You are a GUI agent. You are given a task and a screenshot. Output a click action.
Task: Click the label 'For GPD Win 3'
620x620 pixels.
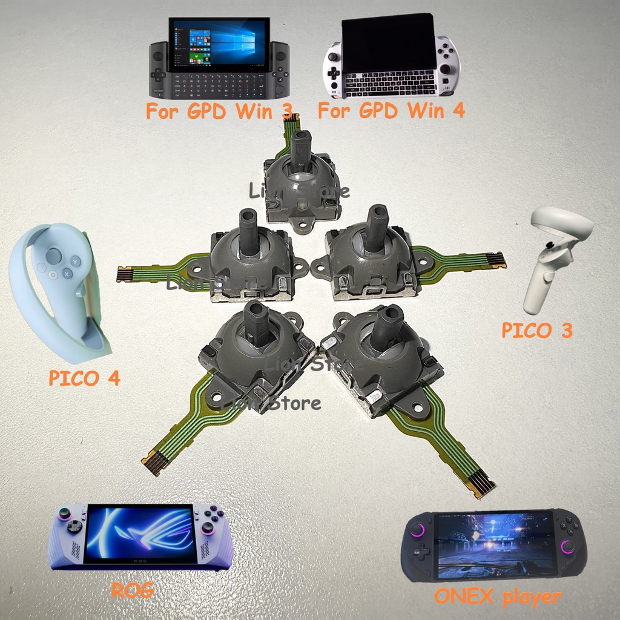(219, 111)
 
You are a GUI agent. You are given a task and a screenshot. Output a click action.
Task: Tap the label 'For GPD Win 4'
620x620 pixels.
(391, 111)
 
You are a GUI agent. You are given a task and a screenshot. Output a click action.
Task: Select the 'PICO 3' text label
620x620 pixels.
(536, 331)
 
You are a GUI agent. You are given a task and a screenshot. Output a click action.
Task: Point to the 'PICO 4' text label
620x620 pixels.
(84, 379)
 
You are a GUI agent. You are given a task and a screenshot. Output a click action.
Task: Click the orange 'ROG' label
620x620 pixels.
(133, 590)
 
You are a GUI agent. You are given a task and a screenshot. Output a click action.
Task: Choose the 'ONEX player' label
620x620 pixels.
(498, 597)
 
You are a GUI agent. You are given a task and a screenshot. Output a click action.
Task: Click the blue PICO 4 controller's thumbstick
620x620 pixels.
(54, 256)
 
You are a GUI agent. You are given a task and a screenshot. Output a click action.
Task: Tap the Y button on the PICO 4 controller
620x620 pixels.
(75, 261)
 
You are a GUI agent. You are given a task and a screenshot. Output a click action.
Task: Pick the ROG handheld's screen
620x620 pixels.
(140, 533)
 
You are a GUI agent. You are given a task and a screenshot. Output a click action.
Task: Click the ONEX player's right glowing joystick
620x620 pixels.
(568, 547)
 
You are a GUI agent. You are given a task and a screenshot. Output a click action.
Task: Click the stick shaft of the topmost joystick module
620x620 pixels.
(301, 151)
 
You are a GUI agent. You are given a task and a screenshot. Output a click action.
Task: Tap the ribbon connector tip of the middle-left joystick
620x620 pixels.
(125, 274)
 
